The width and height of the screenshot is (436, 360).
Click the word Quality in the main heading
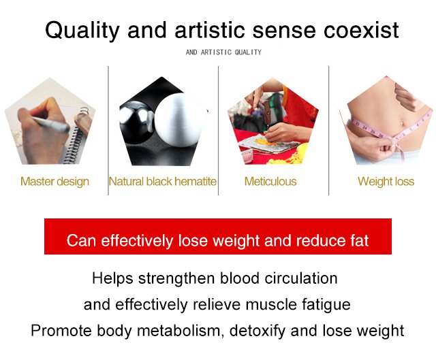pyautogui.click(x=82, y=31)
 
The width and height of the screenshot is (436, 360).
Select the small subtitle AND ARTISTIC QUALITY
pyautogui.click(x=223, y=52)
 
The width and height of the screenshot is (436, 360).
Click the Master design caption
pyautogui.click(x=54, y=182)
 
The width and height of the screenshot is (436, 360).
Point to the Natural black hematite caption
pyautogui.click(x=163, y=182)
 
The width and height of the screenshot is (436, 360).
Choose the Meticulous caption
pyautogui.click(x=270, y=182)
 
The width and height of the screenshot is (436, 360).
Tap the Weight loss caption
pyautogui.click(x=386, y=182)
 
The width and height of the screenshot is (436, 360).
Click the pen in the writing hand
pyautogui.click(x=50, y=124)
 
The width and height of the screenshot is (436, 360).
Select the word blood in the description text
pyautogui.click(x=240, y=278)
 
